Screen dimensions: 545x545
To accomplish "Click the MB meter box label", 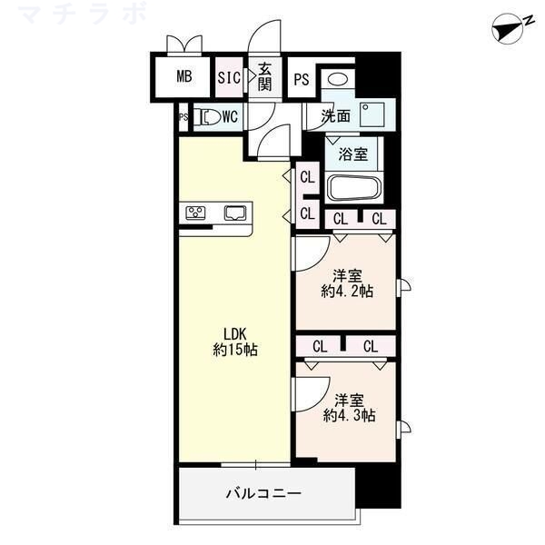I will [x=184, y=77].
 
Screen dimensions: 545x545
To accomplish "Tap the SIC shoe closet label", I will [x=230, y=78].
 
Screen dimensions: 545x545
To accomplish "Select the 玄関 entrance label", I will [x=264, y=77].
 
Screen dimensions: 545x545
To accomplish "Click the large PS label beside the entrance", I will [x=302, y=79].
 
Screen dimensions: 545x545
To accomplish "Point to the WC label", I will [x=231, y=116].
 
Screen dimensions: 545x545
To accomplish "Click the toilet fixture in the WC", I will [x=208, y=116].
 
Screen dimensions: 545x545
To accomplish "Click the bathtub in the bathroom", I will [x=353, y=188].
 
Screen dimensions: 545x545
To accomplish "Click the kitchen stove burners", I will [x=196, y=213].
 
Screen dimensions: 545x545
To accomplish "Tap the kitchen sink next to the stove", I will [x=234, y=213].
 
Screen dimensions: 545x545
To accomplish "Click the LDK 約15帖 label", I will [x=235, y=341].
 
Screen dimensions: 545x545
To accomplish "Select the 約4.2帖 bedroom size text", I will [x=347, y=291].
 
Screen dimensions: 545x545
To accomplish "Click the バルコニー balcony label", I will [x=263, y=493].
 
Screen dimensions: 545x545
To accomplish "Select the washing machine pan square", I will [x=372, y=114].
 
